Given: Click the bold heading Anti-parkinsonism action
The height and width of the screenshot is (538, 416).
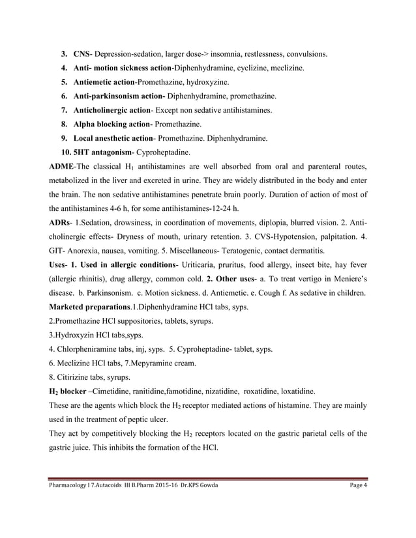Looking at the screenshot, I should (x=119, y=95).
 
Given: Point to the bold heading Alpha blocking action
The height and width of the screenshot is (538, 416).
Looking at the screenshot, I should (x=111, y=123).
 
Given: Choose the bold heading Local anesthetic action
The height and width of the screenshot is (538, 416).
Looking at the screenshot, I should (x=113, y=137).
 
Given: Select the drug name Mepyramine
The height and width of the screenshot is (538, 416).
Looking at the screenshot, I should (x=156, y=363).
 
